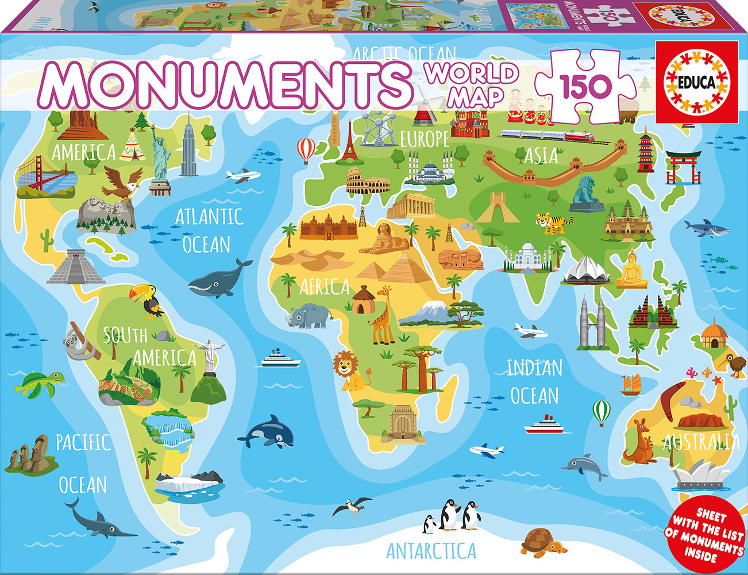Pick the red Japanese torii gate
[683, 166]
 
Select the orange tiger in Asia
[554, 222]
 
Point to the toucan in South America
[147, 300]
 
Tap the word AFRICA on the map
[325, 286]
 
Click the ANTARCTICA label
[431, 551]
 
